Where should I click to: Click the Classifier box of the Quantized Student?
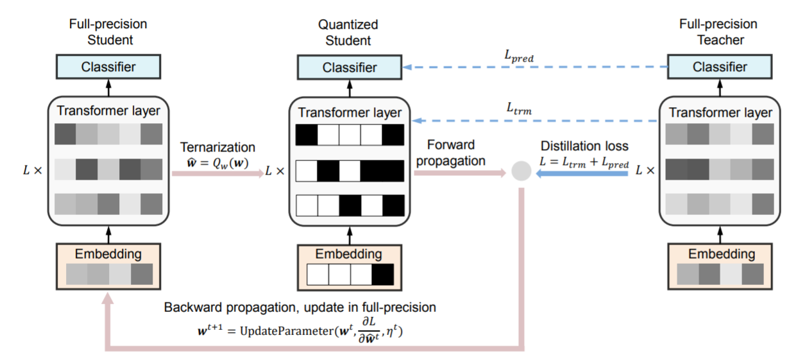point(350,67)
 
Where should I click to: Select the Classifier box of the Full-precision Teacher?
point(720,67)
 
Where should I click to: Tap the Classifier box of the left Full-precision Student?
point(108,67)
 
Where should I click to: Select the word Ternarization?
point(218,148)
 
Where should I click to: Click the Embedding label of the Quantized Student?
point(350,254)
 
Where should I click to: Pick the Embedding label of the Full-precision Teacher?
point(721,254)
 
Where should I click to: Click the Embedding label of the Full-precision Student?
point(108,253)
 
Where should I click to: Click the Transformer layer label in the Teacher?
point(720,112)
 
